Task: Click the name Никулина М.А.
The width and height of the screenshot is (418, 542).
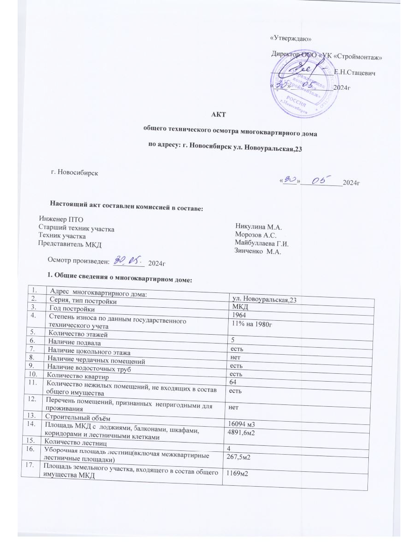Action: [x=259, y=227]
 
